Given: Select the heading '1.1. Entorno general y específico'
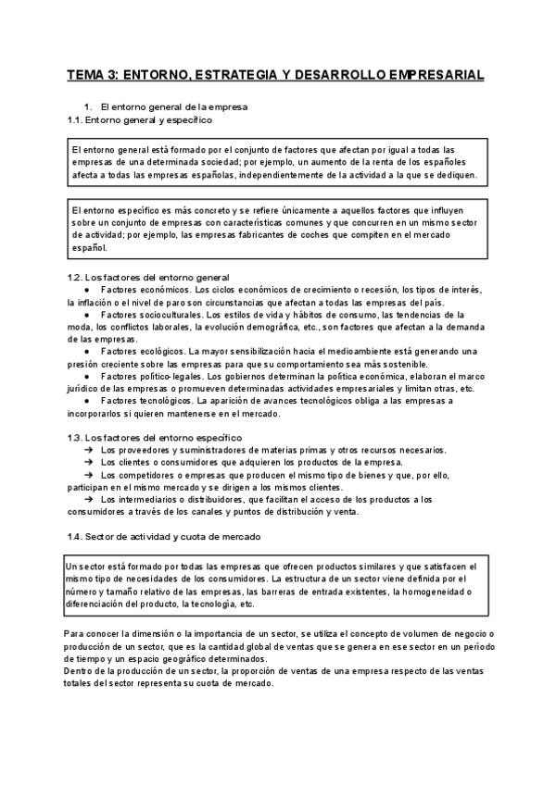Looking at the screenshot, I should tap(140, 119).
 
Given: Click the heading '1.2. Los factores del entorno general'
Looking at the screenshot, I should tap(149, 277).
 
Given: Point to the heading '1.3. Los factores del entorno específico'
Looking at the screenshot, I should tap(155, 437).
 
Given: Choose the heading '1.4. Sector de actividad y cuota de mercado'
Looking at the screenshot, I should tap(164, 536).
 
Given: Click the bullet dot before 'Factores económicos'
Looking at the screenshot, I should tap(85, 289).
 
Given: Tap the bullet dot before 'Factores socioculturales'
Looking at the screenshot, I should tap(85, 316).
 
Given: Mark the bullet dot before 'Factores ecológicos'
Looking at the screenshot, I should tap(85, 352).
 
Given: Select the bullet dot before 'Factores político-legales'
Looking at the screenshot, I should tap(85, 377).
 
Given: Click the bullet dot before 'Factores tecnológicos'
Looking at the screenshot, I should tap(85, 401).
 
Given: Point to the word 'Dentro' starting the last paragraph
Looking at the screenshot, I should tap(81, 670).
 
